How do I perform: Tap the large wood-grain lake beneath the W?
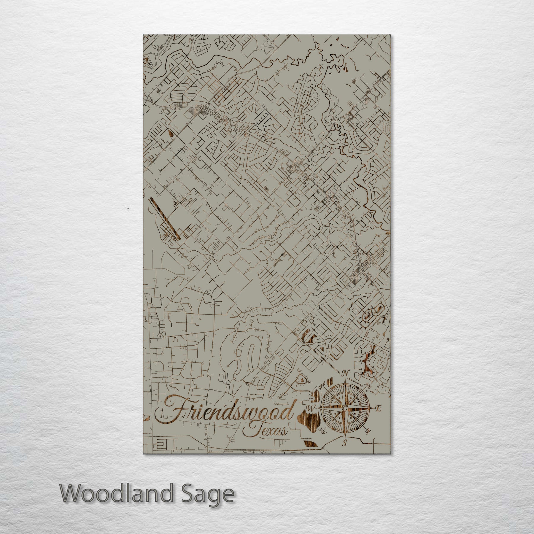pos(309,430)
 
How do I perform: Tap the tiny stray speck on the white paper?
pos(128,209)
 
